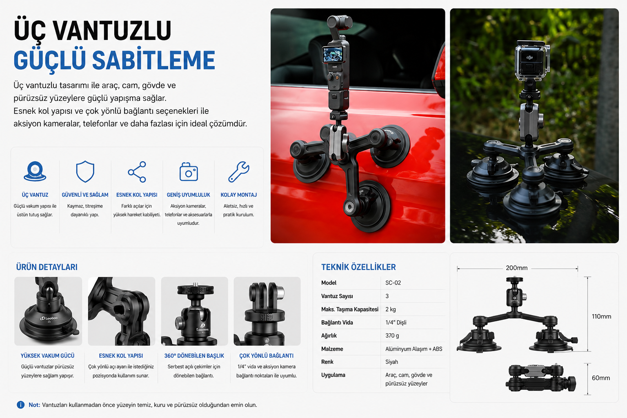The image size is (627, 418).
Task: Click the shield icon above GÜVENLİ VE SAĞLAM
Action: [x=85, y=171]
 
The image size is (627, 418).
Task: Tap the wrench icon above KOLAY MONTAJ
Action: [x=238, y=171]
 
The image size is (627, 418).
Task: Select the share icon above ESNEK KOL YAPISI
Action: [x=137, y=171]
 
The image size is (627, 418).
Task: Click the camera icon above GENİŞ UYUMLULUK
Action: [x=188, y=171]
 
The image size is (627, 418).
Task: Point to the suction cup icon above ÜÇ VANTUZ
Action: [x=35, y=171]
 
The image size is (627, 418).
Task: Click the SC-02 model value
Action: [x=393, y=283]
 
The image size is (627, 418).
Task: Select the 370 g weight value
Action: [x=392, y=336]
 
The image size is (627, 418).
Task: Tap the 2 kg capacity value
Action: [x=391, y=309]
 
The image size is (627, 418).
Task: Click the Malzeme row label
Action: [x=332, y=349]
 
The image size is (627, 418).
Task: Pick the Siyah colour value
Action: [x=391, y=362]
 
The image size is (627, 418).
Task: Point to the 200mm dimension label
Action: [x=516, y=268]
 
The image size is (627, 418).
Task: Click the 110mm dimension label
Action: [x=601, y=316]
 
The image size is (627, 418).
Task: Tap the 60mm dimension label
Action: [x=601, y=378]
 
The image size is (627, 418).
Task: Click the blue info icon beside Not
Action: [x=20, y=405]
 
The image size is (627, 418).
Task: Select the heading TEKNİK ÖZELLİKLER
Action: [x=358, y=267]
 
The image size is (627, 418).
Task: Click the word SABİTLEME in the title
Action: [x=153, y=60]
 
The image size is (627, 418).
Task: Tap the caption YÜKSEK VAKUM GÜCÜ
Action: [x=48, y=356]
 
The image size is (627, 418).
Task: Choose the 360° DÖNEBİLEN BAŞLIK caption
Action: [x=194, y=356]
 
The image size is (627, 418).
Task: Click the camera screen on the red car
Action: [x=333, y=54]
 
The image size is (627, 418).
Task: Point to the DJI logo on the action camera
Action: [x=529, y=58]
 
